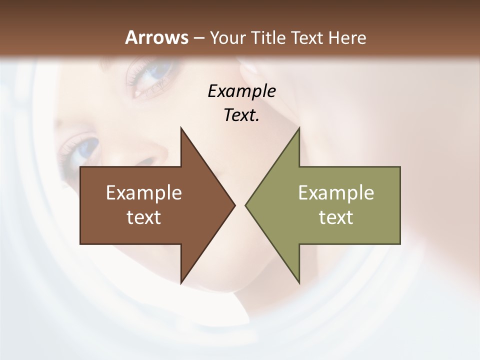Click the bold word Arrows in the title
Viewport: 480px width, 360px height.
tap(156, 37)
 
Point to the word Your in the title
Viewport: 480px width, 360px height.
tap(228, 37)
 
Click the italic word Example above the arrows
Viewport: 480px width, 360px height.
tap(241, 91)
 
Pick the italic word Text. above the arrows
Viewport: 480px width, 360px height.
tap(241, 115)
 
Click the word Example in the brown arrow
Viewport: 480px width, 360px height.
tap(144, 193)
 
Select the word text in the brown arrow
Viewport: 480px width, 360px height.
tap(144, 217)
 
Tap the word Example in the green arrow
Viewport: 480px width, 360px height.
tap(336, 193)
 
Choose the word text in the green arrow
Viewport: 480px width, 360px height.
tap(336, 217)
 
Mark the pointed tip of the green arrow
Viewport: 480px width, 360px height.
tap(246, 205)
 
